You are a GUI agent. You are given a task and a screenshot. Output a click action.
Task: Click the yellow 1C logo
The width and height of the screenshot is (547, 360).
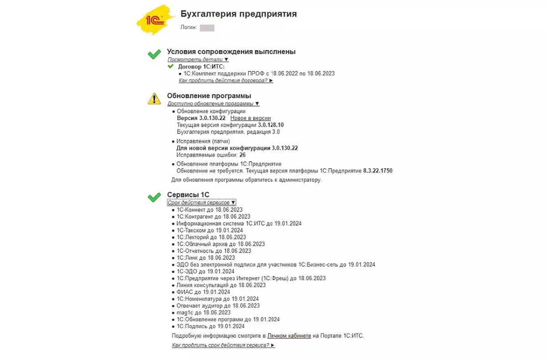coord(154,21)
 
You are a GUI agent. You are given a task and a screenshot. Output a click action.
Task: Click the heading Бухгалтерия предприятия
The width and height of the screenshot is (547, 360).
coord(238,14)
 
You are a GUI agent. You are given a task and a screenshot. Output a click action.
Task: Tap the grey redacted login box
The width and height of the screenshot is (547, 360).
coord(207,28)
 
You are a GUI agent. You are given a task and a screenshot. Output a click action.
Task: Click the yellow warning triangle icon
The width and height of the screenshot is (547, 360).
coord(154,98)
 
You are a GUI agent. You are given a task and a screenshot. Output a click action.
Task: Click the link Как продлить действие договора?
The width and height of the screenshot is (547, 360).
coord(226,81)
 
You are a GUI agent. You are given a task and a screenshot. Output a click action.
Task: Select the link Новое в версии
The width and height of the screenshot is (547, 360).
coord(250,118)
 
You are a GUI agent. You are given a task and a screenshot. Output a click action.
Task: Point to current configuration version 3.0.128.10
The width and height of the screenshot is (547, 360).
coord(270,125)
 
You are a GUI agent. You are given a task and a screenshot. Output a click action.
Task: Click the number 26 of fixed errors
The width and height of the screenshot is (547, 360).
coord(242,155)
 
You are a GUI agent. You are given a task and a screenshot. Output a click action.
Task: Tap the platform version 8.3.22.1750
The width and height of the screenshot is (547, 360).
coord(377,171)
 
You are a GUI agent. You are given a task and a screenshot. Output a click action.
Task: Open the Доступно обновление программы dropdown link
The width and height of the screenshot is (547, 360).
coord(213,103)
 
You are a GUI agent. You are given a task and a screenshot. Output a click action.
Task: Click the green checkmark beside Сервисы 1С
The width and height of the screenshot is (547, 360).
coord(154,197)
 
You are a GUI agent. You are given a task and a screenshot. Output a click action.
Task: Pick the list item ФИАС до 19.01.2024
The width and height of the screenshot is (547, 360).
coord(203,292)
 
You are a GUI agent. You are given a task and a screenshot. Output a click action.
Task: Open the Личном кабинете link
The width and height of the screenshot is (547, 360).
coord(289,335)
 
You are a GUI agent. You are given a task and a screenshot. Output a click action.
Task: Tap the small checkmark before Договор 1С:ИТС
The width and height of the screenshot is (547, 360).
coord(170,67)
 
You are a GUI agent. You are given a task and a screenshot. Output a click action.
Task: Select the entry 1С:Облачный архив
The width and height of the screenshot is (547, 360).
coord(221,244)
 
